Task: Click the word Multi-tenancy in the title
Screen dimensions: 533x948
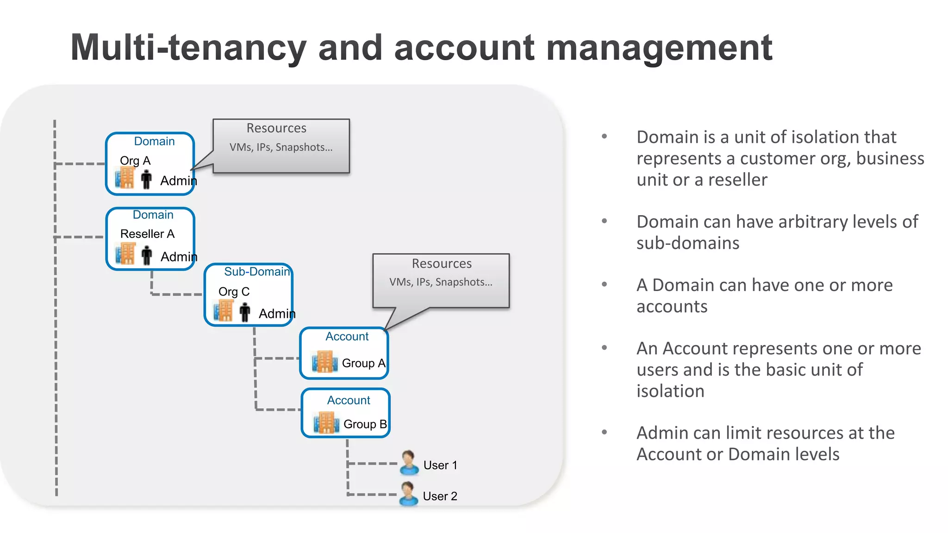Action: tap(188, 48)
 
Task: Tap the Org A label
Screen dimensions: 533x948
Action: tap(135, 161)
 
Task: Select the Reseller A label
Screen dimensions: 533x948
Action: tap(147, 234)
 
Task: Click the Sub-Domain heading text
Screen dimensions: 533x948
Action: tap(257, 272)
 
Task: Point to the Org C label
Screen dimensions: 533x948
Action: tap(234, 291)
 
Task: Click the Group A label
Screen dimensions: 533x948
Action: tap(363, 363)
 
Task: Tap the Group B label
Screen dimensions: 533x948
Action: tap(365, 424)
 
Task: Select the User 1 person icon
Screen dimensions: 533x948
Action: tap(408, 462)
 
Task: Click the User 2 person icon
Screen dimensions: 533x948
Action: tap(408, 494)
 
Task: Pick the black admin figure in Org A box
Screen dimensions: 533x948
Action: tap(146, 179)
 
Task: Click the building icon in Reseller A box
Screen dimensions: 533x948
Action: tap(125, 254)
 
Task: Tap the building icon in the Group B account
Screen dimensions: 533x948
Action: tap(326, 422)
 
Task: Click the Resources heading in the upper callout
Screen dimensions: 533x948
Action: tap(276, 128)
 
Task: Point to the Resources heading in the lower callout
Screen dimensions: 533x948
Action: tap(442, 263)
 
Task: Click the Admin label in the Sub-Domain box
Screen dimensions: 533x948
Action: tap(277, 314)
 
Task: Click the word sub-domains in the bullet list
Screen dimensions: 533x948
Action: tap(688, 243)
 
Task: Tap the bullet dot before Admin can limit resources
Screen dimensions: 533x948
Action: tap(604, 432)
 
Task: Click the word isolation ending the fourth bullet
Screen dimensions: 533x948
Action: tap(670, 391)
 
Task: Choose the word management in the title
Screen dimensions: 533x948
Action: tap(659, 48)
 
